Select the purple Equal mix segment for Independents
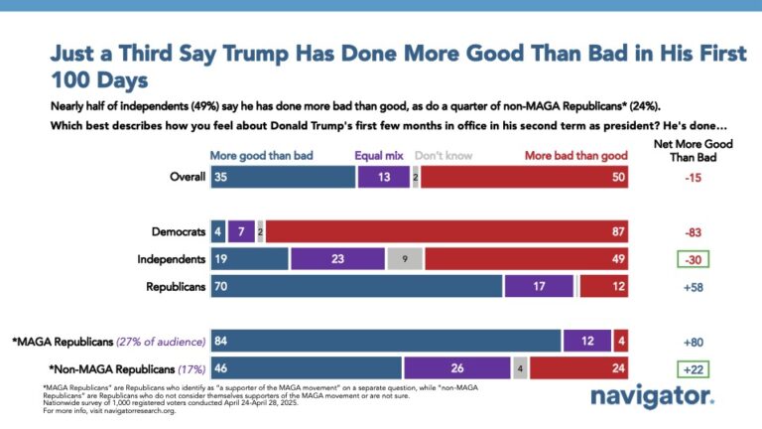click(x=337, y=258)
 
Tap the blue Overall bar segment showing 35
click(x=283, y=177)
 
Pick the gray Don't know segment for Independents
click(x=405, y=258)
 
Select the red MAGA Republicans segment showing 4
click(x=621, y=341)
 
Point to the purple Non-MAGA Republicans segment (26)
click(x=456, y=367)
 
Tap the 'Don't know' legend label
click(x=443, y=156)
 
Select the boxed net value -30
click(x=694, y=258)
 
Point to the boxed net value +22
click(x=694, y=367)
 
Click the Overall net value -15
click(x=694, y=177)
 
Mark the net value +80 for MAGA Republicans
click(x=694, y=341)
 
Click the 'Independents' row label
click(x=171, y=258)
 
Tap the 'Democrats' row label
click(x=176, y=231)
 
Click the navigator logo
click(x=652, y=396)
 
